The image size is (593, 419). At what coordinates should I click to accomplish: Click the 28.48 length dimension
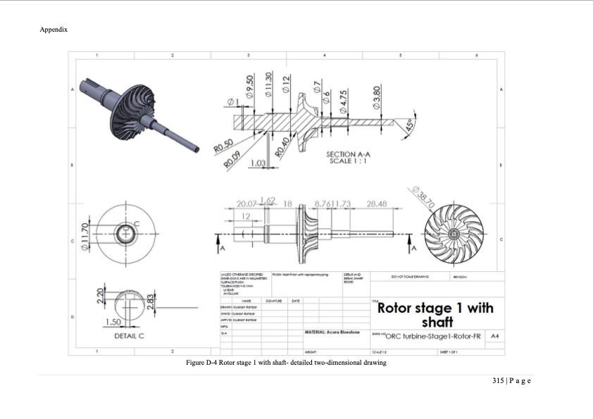click(x=377, y=204)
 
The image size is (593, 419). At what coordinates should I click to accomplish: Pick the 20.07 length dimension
click(x=249, y=204)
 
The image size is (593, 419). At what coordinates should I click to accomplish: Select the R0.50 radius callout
click(x=223, y=145)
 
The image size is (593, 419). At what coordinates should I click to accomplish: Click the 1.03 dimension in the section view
click(x=257, y=163)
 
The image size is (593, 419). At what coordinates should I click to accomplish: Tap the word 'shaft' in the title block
click(x=436, y=322)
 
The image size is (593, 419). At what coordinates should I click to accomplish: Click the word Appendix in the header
click(x=54, y=30)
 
